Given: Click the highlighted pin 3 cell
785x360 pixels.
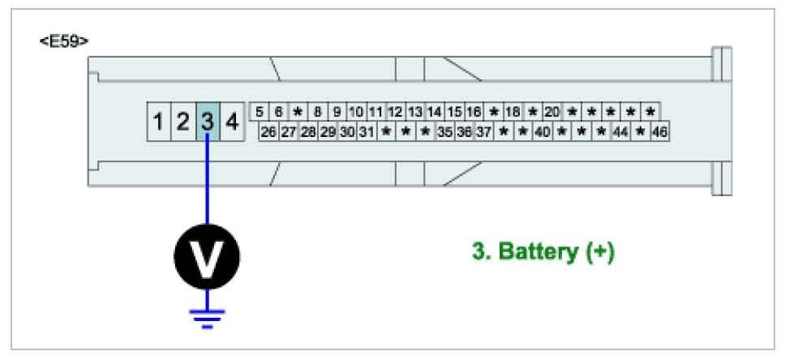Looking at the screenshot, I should [x=208, y=122].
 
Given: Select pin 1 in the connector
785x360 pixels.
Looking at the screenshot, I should [x=159, y=122].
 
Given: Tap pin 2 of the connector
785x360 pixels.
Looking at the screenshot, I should [x=183, y=122].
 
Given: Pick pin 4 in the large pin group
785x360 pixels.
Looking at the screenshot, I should [x=232, y=122].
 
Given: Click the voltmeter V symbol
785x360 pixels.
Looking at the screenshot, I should [x=207, y=258].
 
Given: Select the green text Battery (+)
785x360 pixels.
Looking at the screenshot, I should [x=543, y=252].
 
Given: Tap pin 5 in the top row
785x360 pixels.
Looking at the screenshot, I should [x=259, y=112].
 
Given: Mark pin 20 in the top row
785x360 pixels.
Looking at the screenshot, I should [x=552, y=112].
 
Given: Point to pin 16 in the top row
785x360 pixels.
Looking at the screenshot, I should [x=474, y=112].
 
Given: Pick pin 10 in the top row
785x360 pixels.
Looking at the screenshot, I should [x=356, y=112].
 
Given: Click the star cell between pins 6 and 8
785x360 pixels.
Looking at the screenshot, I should [x=298, y=112].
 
